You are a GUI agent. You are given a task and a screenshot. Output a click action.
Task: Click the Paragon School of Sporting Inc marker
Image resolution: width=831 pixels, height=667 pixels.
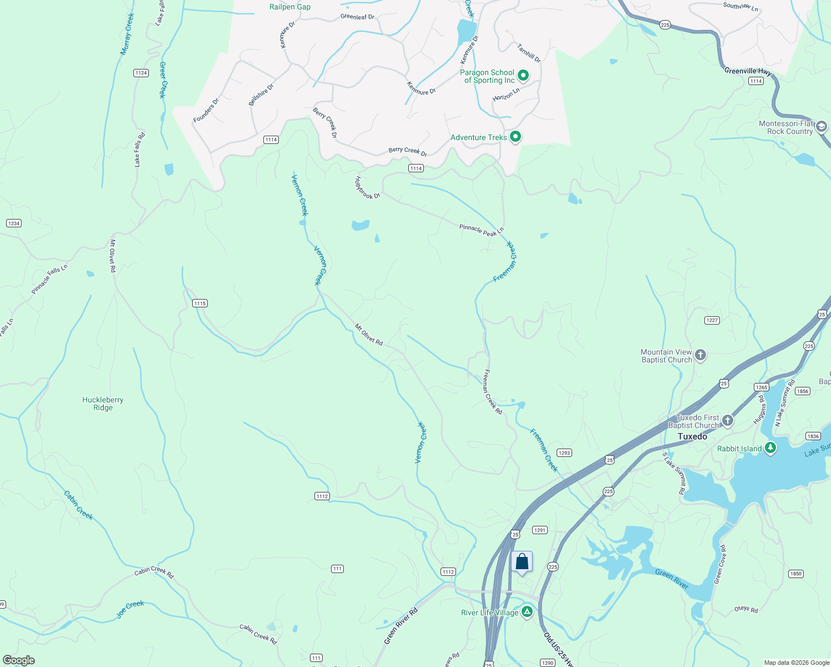coord(523,75)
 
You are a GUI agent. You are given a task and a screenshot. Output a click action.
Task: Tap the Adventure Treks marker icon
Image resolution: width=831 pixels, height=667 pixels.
coord(515,136)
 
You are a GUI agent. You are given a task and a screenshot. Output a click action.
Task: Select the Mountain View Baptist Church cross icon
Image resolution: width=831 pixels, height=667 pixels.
coord(700,355)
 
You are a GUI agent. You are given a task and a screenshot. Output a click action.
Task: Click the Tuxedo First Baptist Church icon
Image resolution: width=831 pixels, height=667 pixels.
coord(727,421)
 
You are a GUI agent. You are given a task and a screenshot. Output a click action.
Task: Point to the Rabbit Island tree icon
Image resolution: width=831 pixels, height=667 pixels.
coord(770,447)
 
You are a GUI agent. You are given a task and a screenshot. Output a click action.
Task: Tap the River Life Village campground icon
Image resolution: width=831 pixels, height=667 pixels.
coord(527,612)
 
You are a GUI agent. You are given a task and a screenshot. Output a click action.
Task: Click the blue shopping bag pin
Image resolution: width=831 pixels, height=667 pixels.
coord(522,562)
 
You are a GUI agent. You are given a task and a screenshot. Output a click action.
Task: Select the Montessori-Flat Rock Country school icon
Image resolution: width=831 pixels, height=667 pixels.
coord(822,127)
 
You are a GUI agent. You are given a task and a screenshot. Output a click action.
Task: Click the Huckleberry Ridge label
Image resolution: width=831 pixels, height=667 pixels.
coord(103,404)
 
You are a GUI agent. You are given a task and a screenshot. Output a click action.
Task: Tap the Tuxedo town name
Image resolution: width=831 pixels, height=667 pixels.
coord(692,436)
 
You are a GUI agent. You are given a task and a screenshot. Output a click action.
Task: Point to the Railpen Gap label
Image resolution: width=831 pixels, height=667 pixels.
coord(290,7)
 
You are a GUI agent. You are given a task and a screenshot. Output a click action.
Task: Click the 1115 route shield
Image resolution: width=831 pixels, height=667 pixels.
coord(200,303)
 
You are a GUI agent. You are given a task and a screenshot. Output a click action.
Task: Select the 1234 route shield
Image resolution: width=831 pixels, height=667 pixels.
coord(13,223)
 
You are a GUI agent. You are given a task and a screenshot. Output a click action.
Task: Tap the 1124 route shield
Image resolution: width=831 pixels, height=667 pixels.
coord(141,73)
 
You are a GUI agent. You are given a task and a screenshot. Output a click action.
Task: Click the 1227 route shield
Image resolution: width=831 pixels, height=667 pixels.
coord(712,320)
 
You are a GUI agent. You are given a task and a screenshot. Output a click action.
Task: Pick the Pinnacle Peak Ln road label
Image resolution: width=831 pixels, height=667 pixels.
coord(481,230)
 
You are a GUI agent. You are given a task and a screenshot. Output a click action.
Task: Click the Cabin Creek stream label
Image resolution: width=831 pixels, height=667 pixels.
coord(78,505)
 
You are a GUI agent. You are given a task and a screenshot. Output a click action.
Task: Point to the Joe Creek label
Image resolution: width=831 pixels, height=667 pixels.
coord(130,609)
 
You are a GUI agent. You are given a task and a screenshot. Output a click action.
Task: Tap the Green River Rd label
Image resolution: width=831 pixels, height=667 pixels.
coord(401,626)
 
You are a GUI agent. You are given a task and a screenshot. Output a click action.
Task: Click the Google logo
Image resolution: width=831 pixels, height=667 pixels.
coord(19,660)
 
